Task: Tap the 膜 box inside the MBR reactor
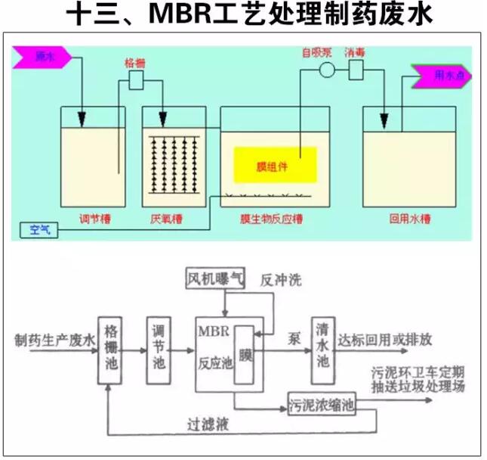coord(245,354)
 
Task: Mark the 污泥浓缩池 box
coord(322,405)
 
